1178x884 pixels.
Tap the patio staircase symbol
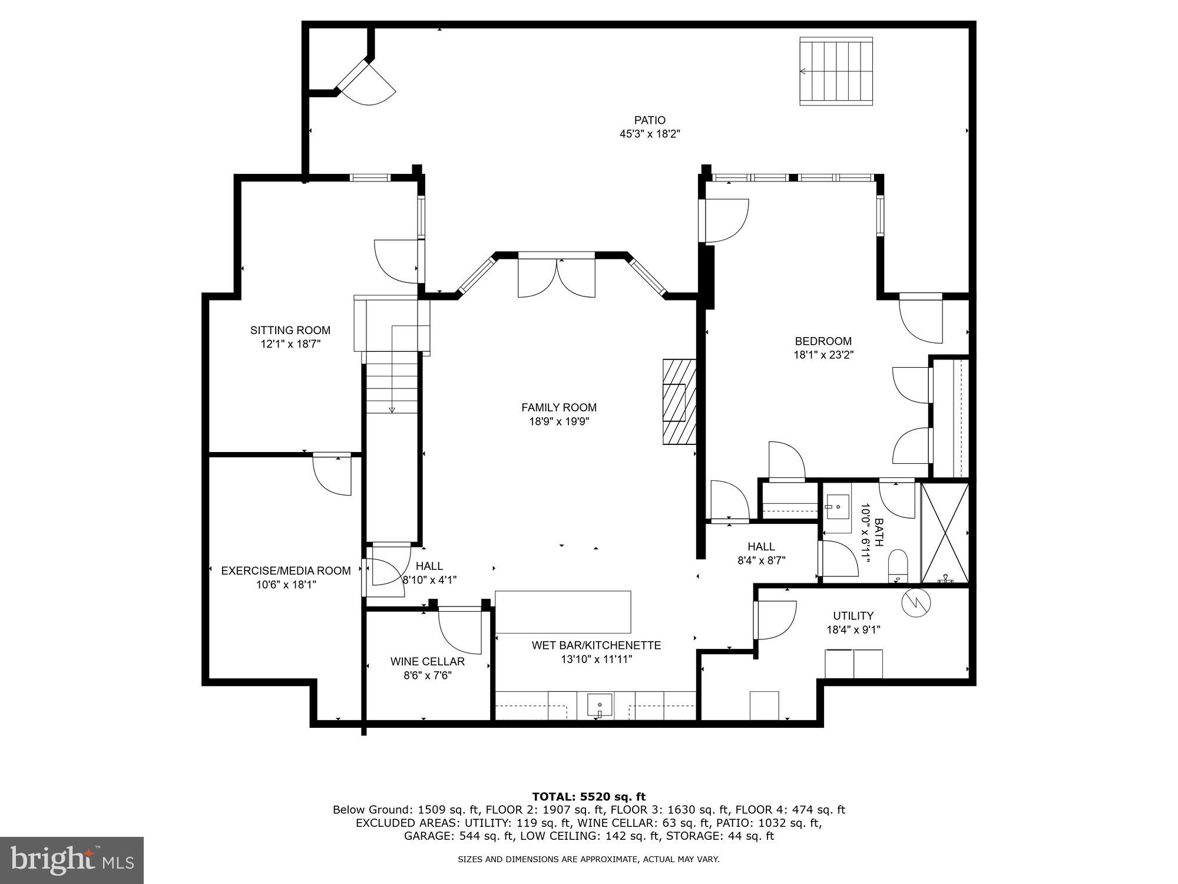[x=835, y=71]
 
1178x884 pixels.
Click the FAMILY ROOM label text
[x=558, y=407]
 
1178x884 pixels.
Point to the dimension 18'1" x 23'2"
[x=823, y=355]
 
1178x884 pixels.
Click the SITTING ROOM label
[x=290, y=330]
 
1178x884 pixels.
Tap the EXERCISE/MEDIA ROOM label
[x=286, y=570]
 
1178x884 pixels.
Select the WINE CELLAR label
[x=427, y=661]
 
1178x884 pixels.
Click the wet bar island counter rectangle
[x=562, y=612]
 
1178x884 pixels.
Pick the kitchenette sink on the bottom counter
[x=599, y=704]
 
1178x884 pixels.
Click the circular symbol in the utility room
[x=915, y=603]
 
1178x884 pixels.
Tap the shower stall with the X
[x=944, y=532]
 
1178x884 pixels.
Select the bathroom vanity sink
[x=836, y=506]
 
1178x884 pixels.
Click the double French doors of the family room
[x=557, y=276]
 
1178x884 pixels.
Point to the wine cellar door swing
[x=459, y=631]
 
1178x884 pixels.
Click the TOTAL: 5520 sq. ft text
[x=588, y=797]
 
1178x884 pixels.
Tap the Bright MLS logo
[x=72, y=860]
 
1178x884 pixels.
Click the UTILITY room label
[x=853, y=616]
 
